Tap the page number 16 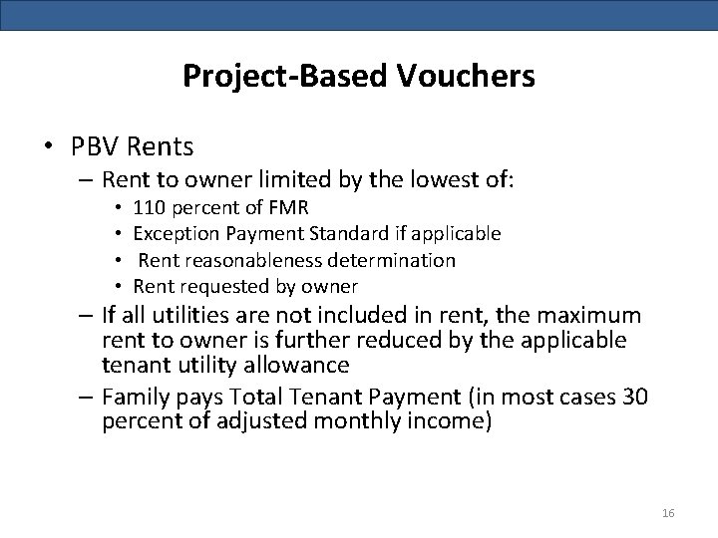(x=668, y=513)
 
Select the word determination (x=400, y=260)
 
